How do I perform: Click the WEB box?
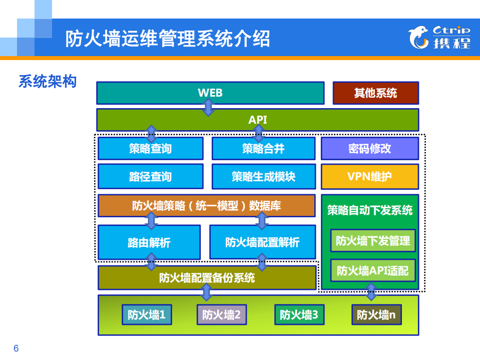point(210,93)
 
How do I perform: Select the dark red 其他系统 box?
point(375,93)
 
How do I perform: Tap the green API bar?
point(257,120)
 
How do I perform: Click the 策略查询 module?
point(150,149)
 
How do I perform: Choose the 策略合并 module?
point(263,149)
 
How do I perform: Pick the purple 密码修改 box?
point(369,149)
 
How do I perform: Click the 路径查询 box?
point(150,176)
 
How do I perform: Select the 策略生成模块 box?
point(263,176)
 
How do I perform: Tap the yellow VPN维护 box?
point(369,176)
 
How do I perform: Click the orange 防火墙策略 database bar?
point(207,206)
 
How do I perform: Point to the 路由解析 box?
point(149,243)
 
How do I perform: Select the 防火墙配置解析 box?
point(262,243)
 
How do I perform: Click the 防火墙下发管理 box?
point(373,241)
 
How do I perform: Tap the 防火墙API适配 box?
point(373,271)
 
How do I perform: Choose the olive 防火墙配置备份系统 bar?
point(207,277)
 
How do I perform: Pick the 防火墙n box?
point(376,315)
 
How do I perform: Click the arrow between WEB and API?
point(208,107)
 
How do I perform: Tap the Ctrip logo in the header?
point(439,38)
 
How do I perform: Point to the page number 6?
point(16,348)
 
